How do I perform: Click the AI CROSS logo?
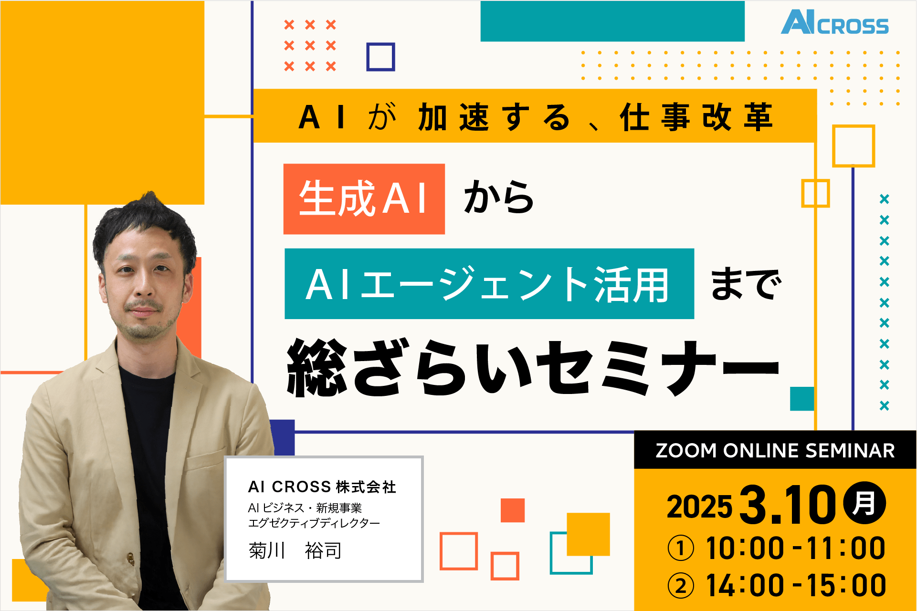[x=834, y=22]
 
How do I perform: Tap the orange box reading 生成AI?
[x=364, y=199]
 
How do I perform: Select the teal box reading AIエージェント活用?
[x=489, y=284]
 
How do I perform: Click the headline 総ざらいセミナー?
[x=533, y=368]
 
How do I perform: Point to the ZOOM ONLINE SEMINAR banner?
[x=775, y=450]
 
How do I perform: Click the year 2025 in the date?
[x=699, y=507]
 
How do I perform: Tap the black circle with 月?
[x=864, y=503]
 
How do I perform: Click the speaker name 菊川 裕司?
[x=295, y=551]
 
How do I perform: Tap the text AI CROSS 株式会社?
[x=322, y=487]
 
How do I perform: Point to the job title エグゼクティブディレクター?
[x=314, y=523]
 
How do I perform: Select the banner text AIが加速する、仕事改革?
[x=535, y=117]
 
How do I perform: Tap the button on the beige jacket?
[x=130, y=556]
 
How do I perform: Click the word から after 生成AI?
[x=499, y=197]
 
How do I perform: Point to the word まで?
[x=746, y=284]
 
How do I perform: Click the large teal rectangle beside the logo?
[x=612, y=21]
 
